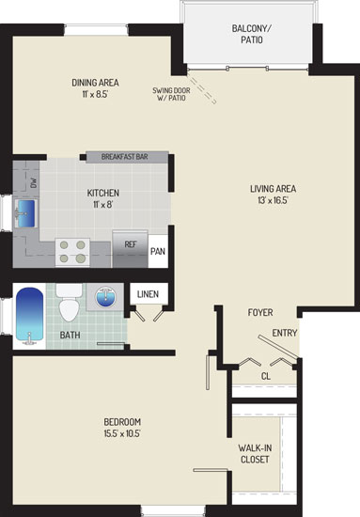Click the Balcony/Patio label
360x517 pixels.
click(252, 34)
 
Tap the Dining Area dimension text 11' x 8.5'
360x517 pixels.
click(95, 94)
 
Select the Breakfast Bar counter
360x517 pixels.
click(127, 157)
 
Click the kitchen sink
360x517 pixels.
click(25, 213)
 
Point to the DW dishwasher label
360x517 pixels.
click(33, 182)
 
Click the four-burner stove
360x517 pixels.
click(72, 252)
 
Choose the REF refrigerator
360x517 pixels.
click(131, 249)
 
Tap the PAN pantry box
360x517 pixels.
click(158, 251)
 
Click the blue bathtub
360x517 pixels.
click(30, 316)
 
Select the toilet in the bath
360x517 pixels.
click(69, 303)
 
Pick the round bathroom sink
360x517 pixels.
click(105, 297)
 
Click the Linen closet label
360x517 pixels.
click(148, 294)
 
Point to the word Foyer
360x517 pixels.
click(260, 312)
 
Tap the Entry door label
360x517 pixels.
click(285, 333)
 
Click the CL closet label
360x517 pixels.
click(266, 376)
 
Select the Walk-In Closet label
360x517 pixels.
click(255, 454)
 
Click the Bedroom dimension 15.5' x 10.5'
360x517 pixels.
click(122, 433)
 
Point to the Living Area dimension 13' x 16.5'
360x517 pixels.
click(273, 200)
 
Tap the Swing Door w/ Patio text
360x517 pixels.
click(171, 94)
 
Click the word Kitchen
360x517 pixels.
click(102, 193)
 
